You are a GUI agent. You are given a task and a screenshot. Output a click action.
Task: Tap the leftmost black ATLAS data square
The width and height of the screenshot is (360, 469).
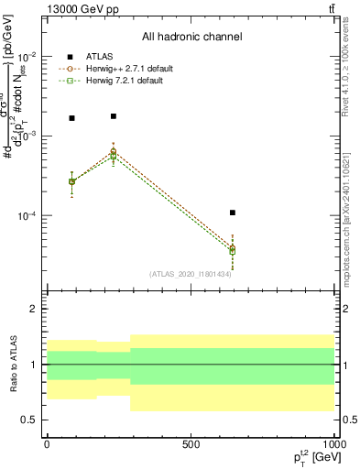point(72,118)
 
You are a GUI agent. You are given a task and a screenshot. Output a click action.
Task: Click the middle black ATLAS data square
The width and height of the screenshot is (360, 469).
point(114,116)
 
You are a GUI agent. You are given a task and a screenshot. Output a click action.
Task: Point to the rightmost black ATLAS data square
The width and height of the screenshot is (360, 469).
point(233,213)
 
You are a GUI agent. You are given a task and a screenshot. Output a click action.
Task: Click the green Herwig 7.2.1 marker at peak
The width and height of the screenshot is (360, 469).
point(114,156)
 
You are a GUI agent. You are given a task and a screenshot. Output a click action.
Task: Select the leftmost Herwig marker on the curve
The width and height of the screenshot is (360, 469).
point(72,181)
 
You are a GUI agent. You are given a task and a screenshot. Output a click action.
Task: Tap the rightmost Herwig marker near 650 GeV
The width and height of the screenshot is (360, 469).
point(233,250)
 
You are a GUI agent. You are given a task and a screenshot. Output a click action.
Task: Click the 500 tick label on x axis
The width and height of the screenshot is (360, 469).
point(191,444)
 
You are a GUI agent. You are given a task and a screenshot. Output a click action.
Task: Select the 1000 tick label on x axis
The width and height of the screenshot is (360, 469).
point(333,444)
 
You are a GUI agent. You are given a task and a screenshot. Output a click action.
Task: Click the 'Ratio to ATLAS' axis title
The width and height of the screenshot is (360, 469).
point(12,365)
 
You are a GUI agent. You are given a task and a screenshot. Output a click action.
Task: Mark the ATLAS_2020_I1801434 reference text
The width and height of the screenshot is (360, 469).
point(190,274)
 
